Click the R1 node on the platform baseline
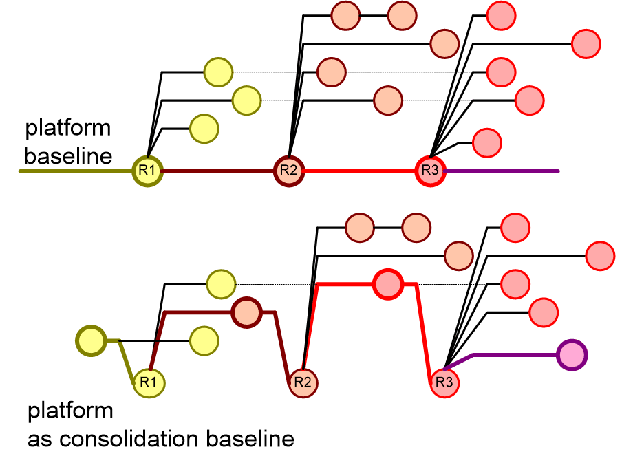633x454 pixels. (148, 171)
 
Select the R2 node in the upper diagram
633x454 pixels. (289, 171)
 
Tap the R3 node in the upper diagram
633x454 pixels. (430, 171)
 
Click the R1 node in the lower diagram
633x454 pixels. (149, 382)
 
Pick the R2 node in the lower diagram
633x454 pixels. (303, 382)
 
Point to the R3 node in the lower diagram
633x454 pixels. (444, 382)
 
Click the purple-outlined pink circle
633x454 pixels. (572, 355)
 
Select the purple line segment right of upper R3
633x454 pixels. (502, 171)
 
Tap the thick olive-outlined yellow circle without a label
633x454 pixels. (92, 341)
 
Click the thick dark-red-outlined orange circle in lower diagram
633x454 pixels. (246, 313)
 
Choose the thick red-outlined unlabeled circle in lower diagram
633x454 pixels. (388, 285)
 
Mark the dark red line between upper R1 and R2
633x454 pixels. (218, 171)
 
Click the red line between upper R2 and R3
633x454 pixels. (360, 171)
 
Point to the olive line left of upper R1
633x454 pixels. (76, 171)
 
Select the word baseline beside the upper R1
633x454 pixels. (68, 156)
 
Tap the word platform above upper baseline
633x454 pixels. (68, 129)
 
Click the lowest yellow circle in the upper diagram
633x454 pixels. (204, 129)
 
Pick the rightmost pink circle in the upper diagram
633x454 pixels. (586, 44)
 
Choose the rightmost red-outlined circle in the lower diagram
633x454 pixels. (600, 256)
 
